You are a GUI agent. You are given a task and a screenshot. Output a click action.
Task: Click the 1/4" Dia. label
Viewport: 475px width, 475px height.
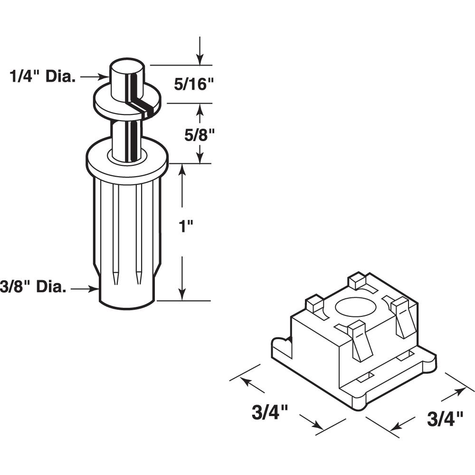click(x=42, y=77)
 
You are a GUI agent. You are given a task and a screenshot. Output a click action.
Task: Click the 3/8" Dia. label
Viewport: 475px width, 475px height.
click(x=33, y=286)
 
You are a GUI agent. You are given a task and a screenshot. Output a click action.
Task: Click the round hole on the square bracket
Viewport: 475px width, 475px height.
click(x=356, y=307)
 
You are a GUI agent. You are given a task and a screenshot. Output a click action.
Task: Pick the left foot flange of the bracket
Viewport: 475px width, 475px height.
click(x=282, y=348)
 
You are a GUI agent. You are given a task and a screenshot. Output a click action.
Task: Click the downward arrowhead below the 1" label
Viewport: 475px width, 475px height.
click(x=182, y=294)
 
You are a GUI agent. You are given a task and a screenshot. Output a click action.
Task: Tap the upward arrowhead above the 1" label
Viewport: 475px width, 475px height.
click(x=182, y=171)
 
